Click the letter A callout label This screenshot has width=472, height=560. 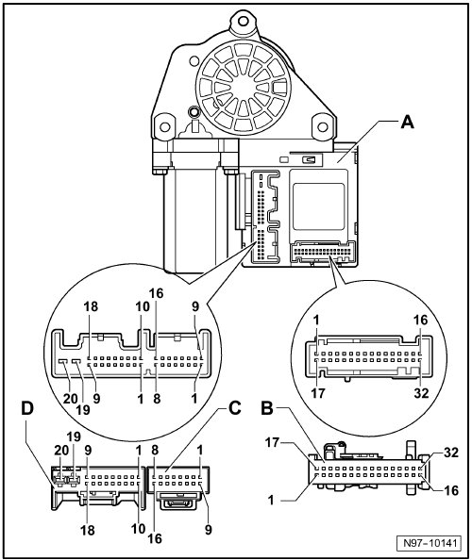click(408, 123)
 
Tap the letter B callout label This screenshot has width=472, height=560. click(267, 408)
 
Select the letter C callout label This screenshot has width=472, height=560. click(234, 408)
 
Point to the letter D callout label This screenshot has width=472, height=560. click(27, 408)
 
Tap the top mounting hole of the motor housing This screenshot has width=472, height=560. click(244, 21)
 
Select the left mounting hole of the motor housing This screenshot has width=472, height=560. click(164, 126)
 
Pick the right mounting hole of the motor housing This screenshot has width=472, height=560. click(323, 126)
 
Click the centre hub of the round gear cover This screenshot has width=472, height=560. click(244, 88)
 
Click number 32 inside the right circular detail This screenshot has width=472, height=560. click(421, 393)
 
